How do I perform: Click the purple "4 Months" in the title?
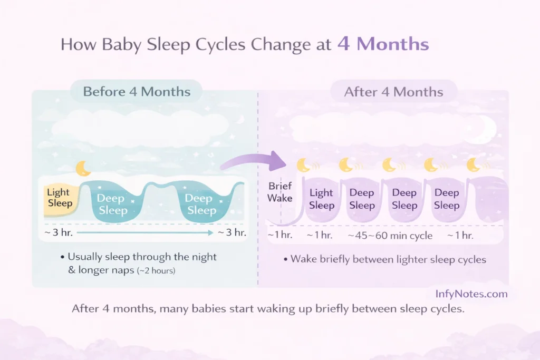pos(383,44)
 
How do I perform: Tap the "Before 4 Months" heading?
pos(137,92)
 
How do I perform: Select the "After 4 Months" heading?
pos(394,92)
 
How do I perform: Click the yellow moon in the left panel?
pos(83,169)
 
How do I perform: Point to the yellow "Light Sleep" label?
pos(59,198)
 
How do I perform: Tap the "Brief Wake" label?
pos(279,192)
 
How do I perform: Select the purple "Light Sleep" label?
pos(321,199)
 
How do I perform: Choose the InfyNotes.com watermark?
pos(471,294)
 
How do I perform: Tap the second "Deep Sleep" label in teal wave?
pos(199,205)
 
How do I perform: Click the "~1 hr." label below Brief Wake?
pos(279,236)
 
